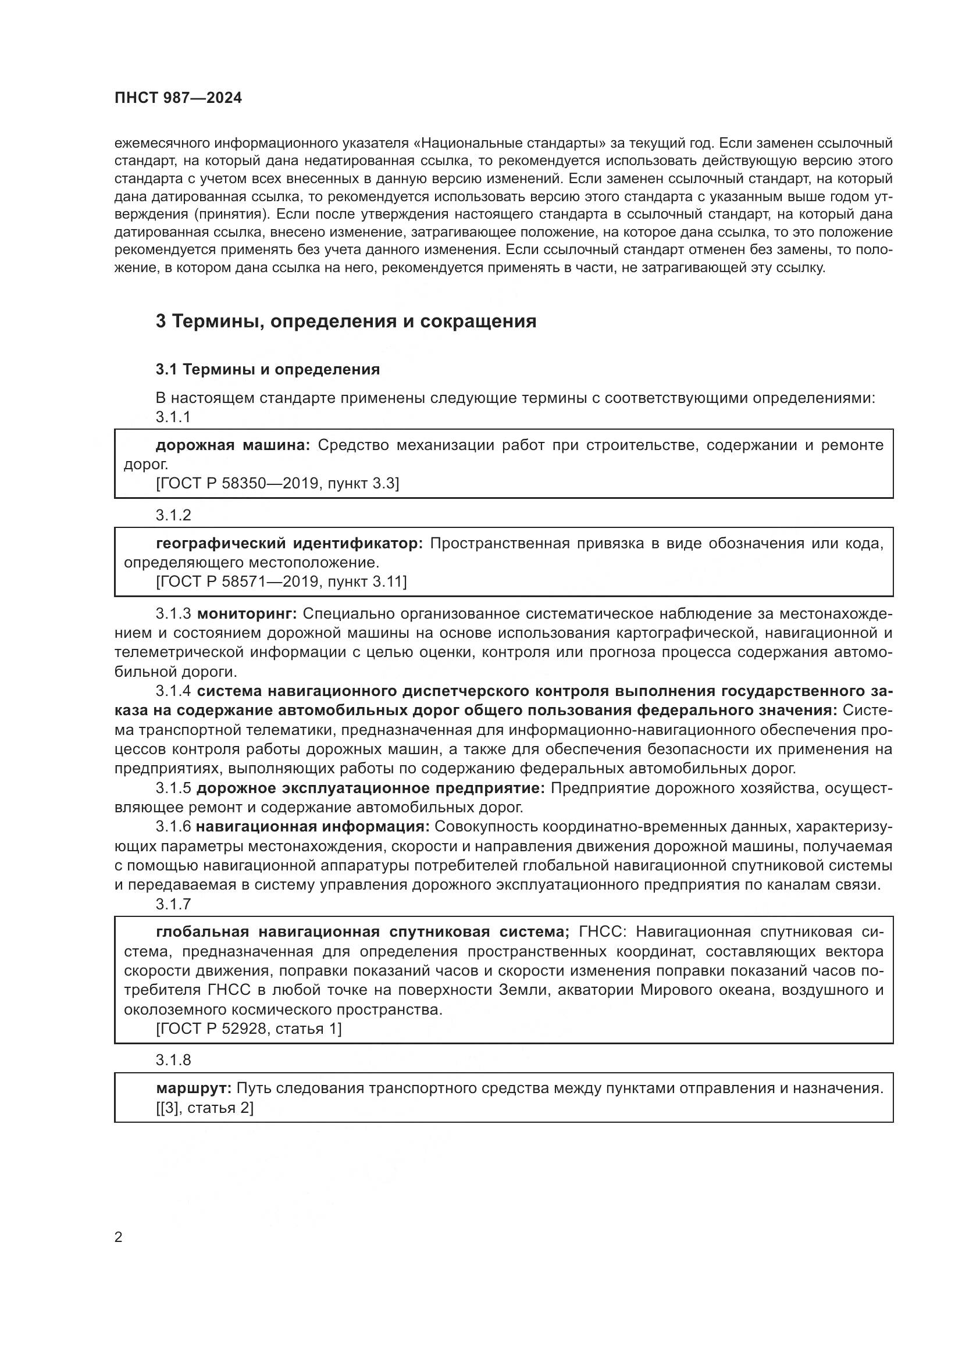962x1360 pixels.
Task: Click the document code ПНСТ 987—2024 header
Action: (x=179, y=98)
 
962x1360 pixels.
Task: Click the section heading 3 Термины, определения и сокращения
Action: (x=346, y=321)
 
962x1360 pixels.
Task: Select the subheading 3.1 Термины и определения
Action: (x=268, y=370)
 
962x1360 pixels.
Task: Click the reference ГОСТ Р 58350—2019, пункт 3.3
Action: (x=277, y=484)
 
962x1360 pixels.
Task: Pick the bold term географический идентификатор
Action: (x=290, y=543)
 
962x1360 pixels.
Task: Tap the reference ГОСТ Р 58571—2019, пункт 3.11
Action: (x=282, y=582)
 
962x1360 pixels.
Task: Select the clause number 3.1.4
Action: (x=173, y=691)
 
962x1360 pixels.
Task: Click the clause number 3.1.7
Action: (x=173, y=905)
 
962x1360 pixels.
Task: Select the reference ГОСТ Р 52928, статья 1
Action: (x=249, y=1030)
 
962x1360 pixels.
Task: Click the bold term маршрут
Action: (x=194, y=1088)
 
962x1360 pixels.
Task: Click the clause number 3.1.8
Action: (x=173, y=1061)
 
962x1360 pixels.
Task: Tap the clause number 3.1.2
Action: (x=173, y=515)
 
